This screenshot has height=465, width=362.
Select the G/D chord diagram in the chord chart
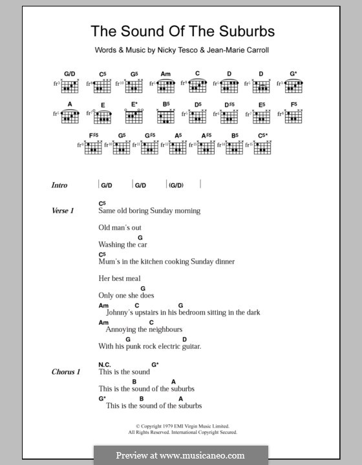click(70, 85)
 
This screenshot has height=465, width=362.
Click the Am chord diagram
click(165, 85)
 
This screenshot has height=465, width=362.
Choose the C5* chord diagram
click(262, 145)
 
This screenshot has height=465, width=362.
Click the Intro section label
click(59, 185)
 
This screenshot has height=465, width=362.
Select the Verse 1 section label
click(63, 211)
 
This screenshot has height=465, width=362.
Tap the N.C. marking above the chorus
click(105, 364)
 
